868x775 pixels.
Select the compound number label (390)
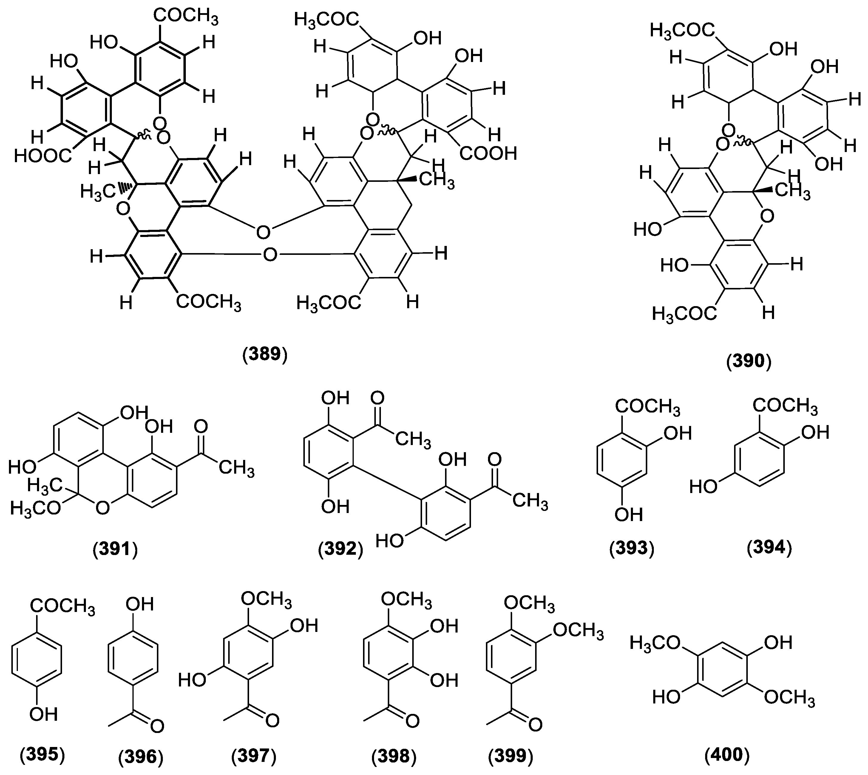749,361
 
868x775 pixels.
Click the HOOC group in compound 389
43,156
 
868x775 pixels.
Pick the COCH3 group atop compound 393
647,407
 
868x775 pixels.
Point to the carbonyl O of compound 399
535,724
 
